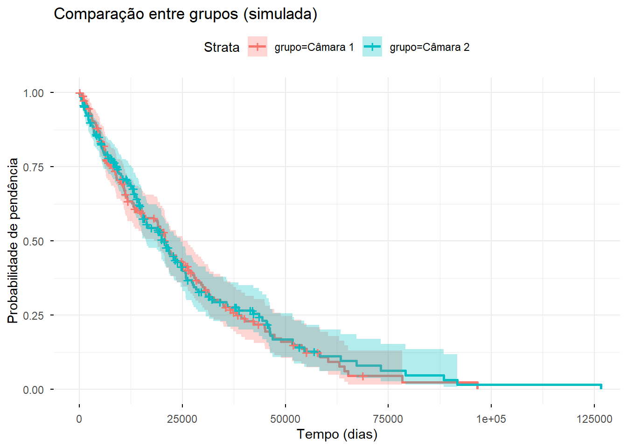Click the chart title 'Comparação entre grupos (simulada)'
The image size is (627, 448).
(186, 14)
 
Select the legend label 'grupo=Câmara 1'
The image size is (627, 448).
(314, 47)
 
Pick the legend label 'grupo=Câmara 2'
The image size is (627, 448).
(430, 47)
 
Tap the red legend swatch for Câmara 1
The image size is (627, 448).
(257, 47)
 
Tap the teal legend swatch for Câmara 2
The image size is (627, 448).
(372, 47)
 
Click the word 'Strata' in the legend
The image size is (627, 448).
(222, 47)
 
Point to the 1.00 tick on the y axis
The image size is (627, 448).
(34, 93)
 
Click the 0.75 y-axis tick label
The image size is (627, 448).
(34, 167)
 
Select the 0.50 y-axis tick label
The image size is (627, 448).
(34, 241)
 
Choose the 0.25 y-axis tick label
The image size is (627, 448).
(34, 315)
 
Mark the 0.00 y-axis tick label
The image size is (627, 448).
(34, 390)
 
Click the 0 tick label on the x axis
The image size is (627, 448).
(79, 419)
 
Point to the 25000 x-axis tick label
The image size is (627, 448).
(182, 419)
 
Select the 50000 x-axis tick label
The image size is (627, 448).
(285, 419)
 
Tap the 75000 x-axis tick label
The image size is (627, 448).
(388, 419)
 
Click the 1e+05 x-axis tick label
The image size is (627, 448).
(491, 419)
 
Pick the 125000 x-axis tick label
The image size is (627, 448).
(594, 419)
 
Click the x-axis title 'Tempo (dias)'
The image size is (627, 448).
(337, 434)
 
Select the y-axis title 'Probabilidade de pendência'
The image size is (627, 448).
(13, 241)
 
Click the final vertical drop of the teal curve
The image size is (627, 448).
(601, 387)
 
